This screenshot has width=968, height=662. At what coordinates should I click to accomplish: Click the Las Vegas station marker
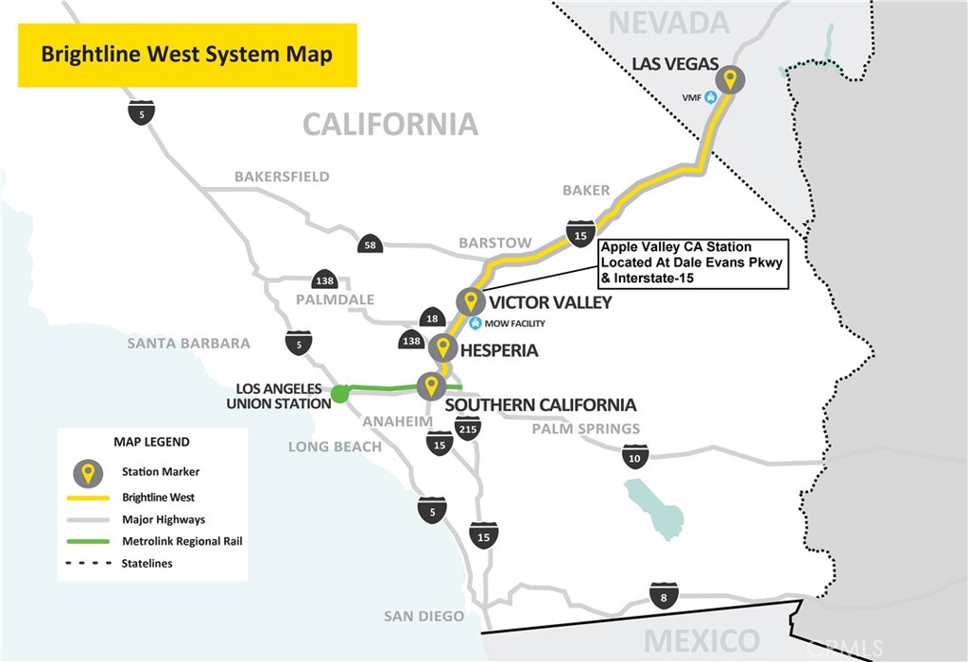click(730, 80)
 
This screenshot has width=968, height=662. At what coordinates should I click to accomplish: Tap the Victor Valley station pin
click(471, 301)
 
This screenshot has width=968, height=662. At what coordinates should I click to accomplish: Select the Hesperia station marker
click(442, 348)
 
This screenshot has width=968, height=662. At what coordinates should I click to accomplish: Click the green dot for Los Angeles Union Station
click(339, 394)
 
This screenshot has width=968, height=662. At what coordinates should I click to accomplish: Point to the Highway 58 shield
click(370, 244)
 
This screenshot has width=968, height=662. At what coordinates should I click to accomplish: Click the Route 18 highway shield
click(432, 317)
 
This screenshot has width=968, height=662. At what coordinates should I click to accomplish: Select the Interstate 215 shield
click(467, 428)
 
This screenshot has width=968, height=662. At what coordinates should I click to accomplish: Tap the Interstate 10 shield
click(634, 456)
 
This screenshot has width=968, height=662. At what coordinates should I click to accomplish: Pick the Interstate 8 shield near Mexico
click(664, 596)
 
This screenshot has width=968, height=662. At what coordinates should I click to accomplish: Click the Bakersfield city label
click(282, 177)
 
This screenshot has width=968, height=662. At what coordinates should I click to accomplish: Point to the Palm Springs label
click(586, 428)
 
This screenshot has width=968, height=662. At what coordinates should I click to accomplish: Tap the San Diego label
click(424, 616)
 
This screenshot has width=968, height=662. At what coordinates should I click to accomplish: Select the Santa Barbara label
click(189, 343)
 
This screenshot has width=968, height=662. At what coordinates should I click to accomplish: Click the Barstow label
click(495, 243)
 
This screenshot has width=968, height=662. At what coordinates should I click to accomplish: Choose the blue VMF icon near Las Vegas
click(711, 97)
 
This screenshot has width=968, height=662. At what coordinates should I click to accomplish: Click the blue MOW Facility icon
click(475, 323)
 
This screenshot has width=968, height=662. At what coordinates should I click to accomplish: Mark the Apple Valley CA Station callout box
click(694, 263)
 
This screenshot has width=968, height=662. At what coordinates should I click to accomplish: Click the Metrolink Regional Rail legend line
click(88, 542)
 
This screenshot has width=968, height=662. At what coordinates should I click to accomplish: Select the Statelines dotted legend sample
click(88, 563)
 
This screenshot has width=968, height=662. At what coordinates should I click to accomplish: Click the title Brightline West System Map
click(187, 54)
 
